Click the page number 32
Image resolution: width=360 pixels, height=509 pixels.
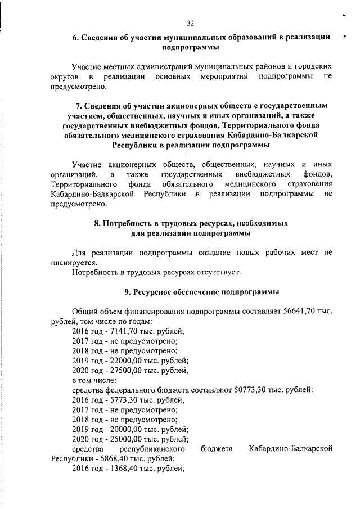point(190,23)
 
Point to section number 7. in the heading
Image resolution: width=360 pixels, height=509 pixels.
point(79,105)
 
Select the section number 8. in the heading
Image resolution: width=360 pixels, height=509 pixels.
point(98,223)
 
